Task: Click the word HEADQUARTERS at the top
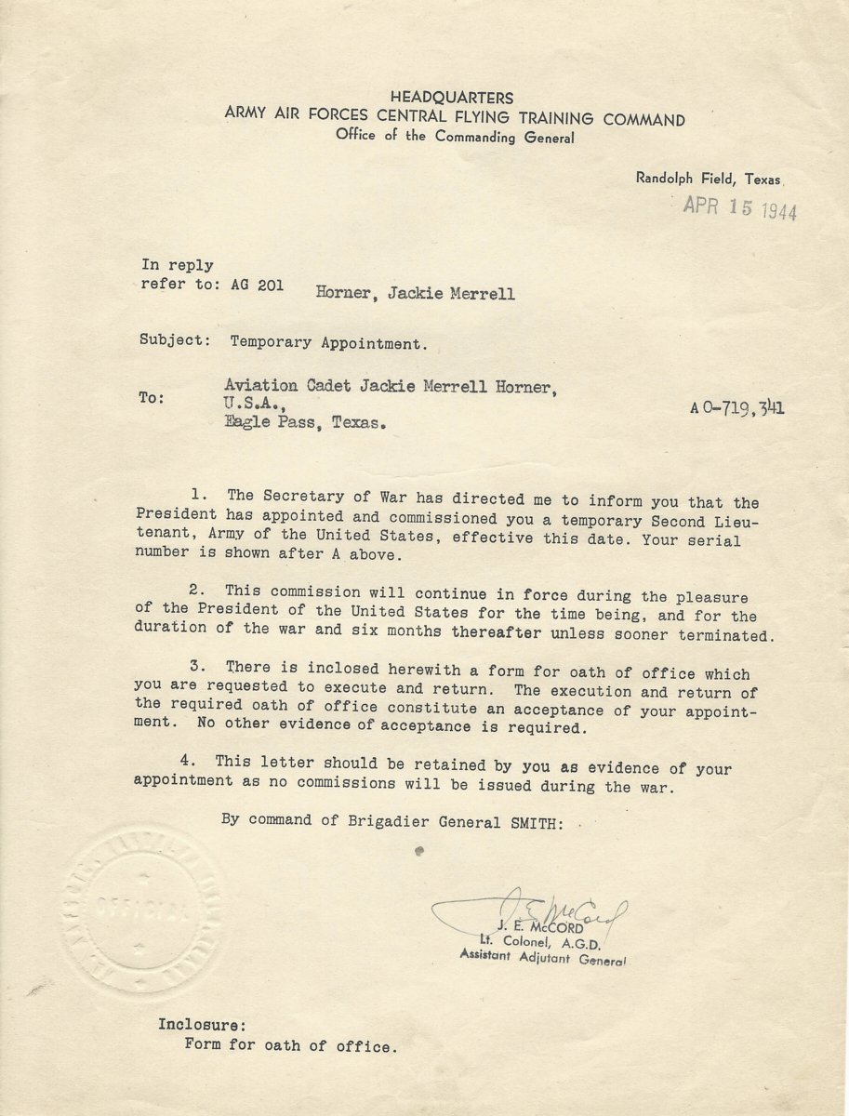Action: (x=451, y=98)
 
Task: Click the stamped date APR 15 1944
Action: (x=739, y=207)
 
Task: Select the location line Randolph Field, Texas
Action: (x=709, y=179)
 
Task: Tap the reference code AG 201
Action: (x=257, y=286)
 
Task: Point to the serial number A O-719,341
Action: (x=736, y=406)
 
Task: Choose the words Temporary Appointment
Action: (x=329, y=342)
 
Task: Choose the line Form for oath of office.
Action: (x=290, y=1045)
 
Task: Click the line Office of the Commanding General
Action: (x=455, y=137)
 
